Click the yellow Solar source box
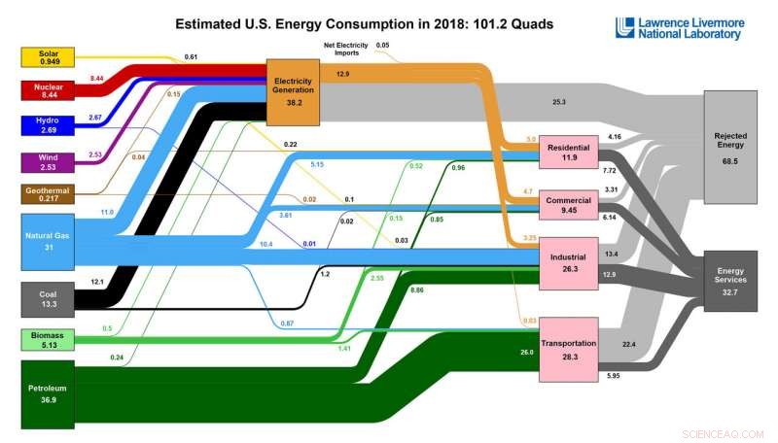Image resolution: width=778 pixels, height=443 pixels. [47, 56]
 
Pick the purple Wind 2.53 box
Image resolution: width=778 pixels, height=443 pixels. [47, 161]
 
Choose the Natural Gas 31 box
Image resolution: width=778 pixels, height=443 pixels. [47, 243]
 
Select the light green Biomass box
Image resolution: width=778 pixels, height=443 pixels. [47, 339]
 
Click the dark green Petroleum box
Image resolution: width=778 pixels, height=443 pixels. [47, 392]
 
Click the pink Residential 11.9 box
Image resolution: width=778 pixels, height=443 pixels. [568, 152]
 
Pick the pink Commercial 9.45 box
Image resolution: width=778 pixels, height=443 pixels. [568, 206]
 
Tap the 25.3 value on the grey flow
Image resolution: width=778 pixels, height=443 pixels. [558, 101]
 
